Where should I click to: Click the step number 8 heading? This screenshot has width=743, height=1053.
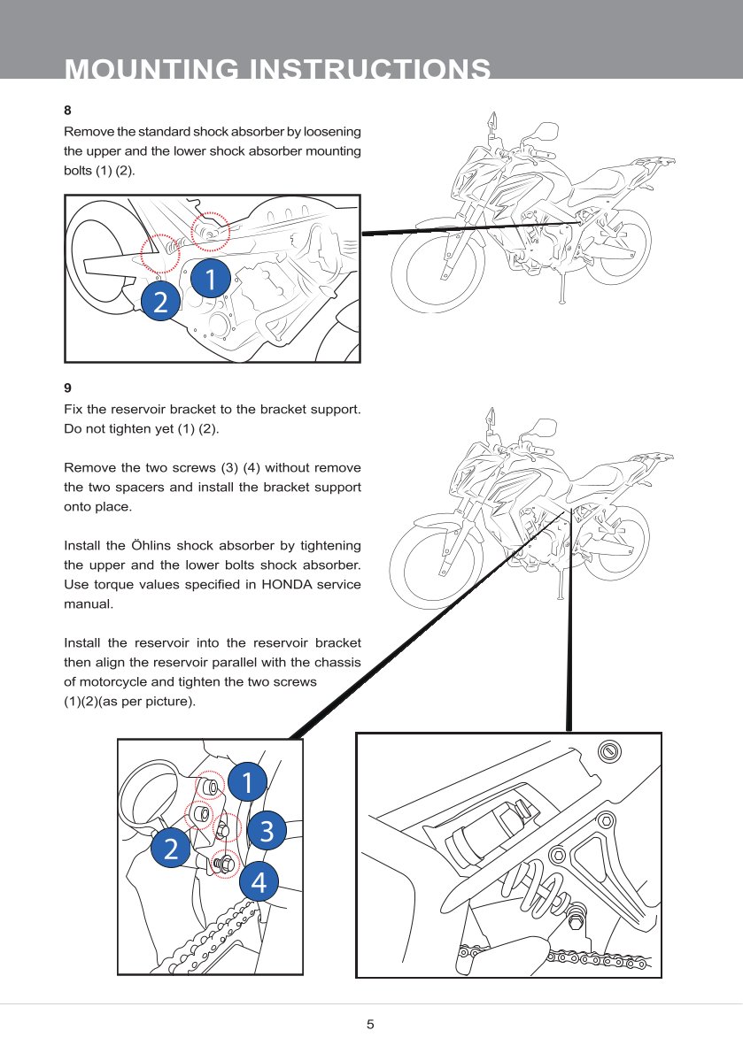[x=67, y=111]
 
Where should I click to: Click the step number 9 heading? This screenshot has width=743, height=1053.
[x=68, y=388]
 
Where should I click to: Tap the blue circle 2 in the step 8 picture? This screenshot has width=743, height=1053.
[x=160, y=303]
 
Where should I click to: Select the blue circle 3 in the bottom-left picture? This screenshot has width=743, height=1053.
[x=267, y=830]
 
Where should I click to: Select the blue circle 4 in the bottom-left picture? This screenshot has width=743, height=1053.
[x=259, y=881]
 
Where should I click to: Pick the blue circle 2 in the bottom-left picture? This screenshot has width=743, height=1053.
[x=170, y=849]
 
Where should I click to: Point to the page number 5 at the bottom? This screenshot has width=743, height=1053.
[x=371, y=1025]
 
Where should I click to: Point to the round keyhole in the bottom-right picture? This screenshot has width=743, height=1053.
[x=608, y=751]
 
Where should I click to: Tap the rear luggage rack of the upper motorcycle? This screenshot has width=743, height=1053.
[x=651, y=165]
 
